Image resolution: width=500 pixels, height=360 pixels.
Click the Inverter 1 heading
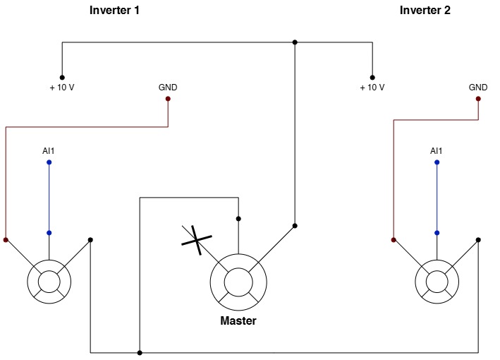pyautogui.click(x=114, y=10)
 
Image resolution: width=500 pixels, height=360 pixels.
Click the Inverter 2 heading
pyautogui.click(x=425, y=10)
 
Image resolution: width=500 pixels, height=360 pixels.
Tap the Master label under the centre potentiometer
pyautogui.click(x=238, y=320)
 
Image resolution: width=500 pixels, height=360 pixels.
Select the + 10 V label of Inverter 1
pyautogui.click(x=62, y=88)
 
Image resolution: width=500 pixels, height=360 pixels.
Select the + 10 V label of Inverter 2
pyautogui.click(x=372, y=88)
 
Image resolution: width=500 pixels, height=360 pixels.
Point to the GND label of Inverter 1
pyautogui.click(x=168, y=88)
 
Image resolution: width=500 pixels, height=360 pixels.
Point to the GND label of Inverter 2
pyautogui.click(x=478, y=88)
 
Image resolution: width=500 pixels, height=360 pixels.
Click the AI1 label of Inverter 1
pyautogui.click(x=49, y=151)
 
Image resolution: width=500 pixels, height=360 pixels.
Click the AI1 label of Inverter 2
pyautogui.click(x=437, y=151)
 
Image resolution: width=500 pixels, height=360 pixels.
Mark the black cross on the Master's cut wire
pyautogui.click(x=197, y=240)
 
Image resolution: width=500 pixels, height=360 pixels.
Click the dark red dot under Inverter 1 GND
pyautogui.click(x=168, y=99)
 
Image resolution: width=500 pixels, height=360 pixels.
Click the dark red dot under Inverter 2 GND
pyautogui.click(x=478, y=99)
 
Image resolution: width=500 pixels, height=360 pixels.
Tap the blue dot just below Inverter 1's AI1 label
pyautogui.click(x=49, y=162)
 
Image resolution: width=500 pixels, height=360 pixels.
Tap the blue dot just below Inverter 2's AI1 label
pyautogui.click(x=437, y=162)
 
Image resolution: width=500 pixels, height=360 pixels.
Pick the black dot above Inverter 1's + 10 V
pyautogui.click(x=62, y=78)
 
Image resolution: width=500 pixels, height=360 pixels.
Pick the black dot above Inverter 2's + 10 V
pyautogui.click(x=372, y=78)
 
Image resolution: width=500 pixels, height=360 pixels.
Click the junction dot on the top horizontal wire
pyautogui.click(x=295, y=42)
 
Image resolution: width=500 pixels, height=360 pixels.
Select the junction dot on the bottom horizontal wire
pyautogui.click(x=140, y=353)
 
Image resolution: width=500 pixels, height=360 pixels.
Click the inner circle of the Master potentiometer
pyautogui.click(x=238, y=268)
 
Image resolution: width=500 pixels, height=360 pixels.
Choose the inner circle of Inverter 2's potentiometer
pyautogui.click(x=437, y=271)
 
